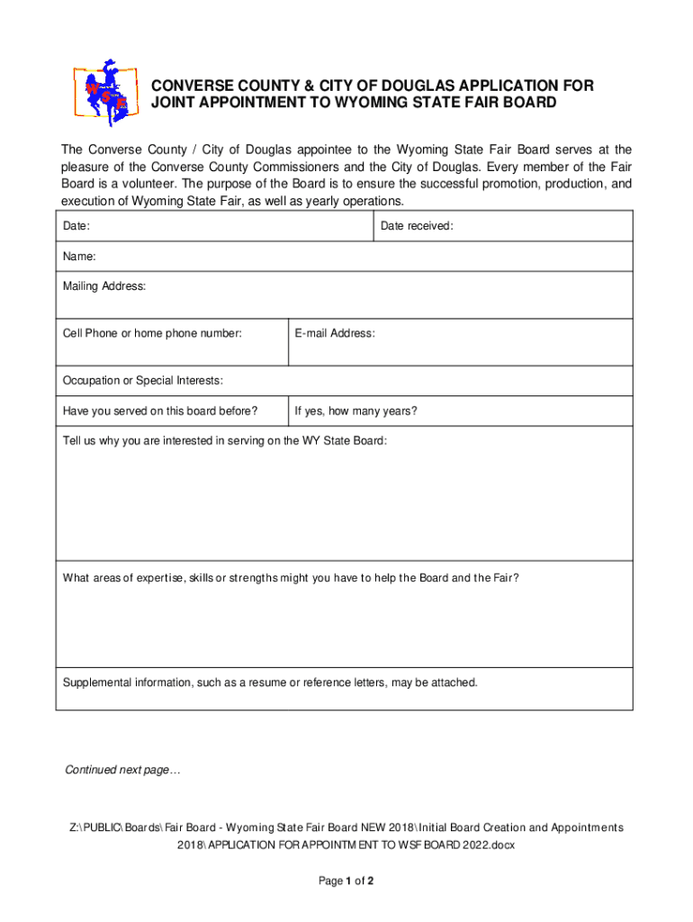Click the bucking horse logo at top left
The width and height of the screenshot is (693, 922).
[104, 94]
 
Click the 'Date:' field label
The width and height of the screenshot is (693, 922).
[76, 227]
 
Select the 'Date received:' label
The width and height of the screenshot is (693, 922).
[417, 227]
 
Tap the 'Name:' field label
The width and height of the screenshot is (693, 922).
[79, 258]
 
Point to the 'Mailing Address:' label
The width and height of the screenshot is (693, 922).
[103, 287]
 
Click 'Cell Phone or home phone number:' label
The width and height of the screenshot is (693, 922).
[152, 334]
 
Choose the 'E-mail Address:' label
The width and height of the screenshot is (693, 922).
[335, 334]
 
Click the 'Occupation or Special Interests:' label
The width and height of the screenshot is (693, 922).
[143, 381]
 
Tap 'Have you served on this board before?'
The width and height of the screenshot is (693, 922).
[160, 412]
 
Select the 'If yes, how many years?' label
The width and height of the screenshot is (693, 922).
[356, 412]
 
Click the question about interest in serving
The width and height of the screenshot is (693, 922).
[225, 441]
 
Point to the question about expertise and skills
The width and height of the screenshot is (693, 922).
[291, 578]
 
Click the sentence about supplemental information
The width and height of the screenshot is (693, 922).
[270, 682]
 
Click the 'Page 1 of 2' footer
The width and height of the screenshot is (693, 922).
[346, 881]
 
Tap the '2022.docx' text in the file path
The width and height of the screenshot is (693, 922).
[487, 845]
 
